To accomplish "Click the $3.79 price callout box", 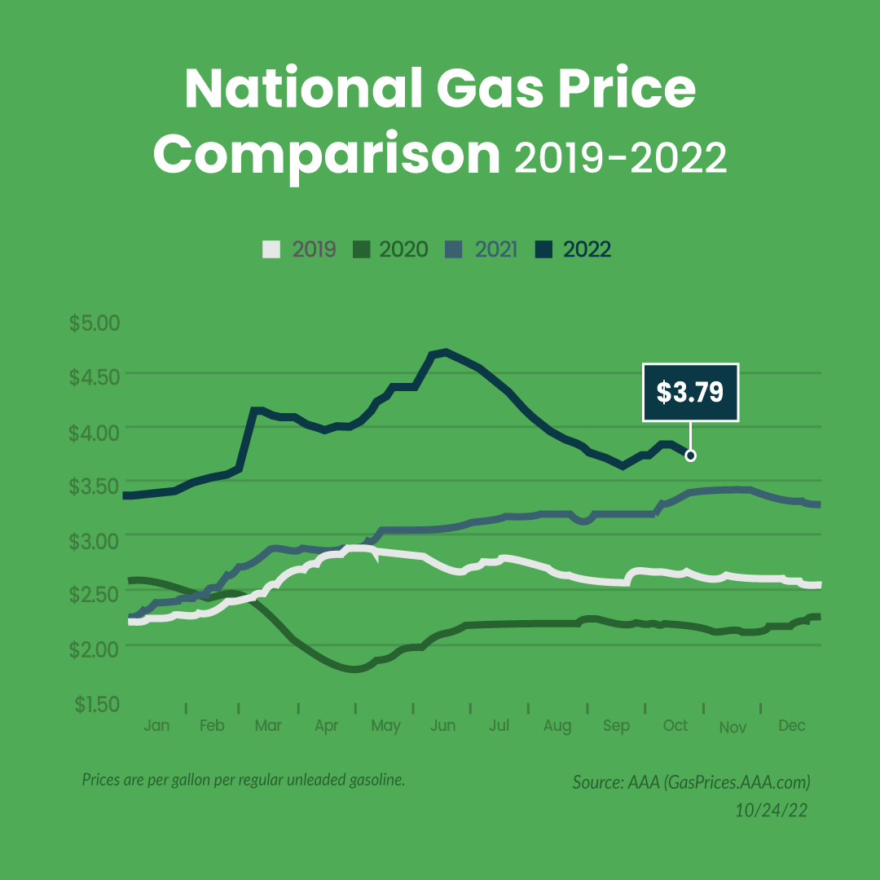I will pos(690,393).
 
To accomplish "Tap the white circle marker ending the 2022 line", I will pos(691,455).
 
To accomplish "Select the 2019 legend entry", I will pos(300,249).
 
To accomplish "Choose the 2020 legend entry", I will pos(391,249).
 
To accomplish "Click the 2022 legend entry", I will pos(575,249).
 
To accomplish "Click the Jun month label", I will pos(442,726).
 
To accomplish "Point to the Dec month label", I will pos(791,726).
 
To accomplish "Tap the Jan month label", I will pos(156,726).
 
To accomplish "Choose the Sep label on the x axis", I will pos(617,726).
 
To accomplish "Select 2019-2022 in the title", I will pos(619,158).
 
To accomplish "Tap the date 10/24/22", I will pos(772,811).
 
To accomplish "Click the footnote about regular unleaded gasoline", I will pos(244,780).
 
